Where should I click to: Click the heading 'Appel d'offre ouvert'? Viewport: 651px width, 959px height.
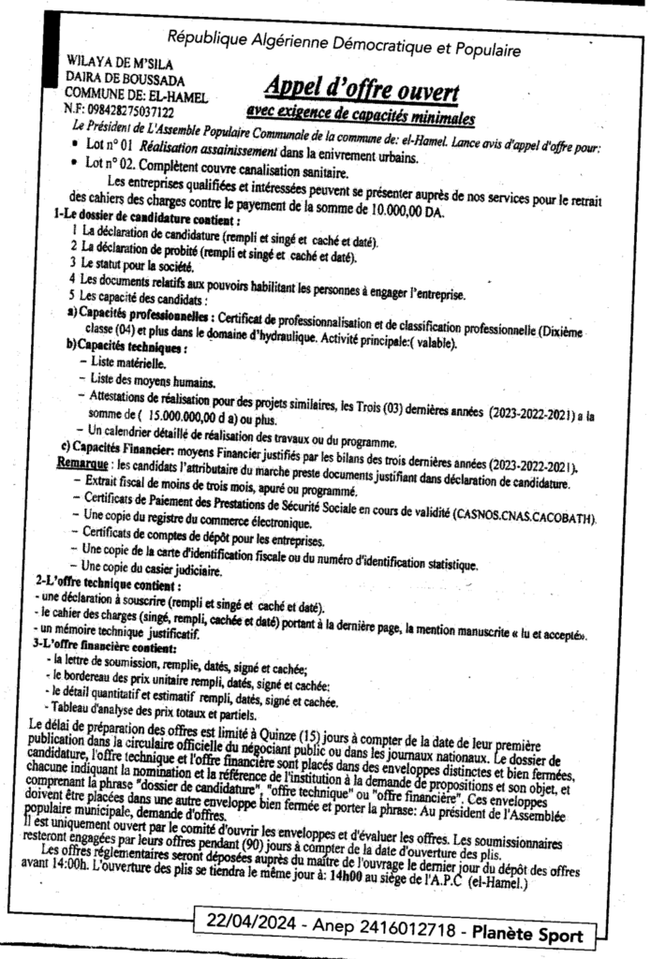(x=362, y=91)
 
